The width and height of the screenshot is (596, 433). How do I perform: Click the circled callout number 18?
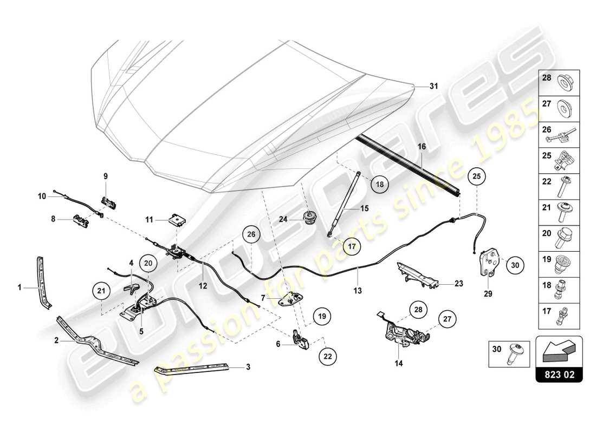click(x=380, y=184)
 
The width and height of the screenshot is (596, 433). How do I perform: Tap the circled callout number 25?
click(x=476, y=176)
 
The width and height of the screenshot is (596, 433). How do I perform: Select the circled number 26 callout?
click(x=251, y=234)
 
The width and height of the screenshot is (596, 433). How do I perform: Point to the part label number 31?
click(x=433, y=86)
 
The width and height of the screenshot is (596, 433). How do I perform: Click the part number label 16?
click(x=422, y=147)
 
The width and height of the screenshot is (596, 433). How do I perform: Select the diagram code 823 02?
click(x=559, y=373)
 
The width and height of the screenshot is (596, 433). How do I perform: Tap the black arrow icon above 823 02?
click(x=559, y=352)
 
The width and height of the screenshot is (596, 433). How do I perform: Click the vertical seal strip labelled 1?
click(x=42, y=282)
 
